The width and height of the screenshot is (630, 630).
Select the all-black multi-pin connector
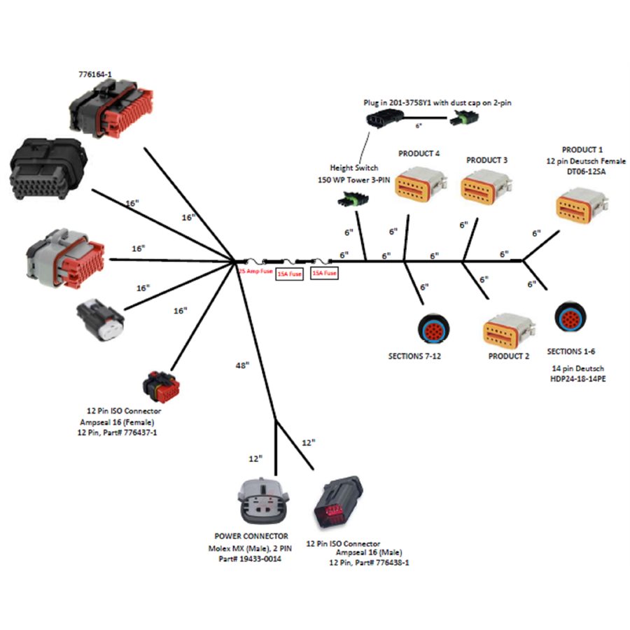coord(46,167)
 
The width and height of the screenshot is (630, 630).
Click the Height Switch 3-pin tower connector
coord(348,204)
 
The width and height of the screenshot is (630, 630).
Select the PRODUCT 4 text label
coord(419,153)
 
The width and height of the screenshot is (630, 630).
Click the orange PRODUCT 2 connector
coord(509,330)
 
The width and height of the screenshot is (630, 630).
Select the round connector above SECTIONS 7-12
coord(434,328)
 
